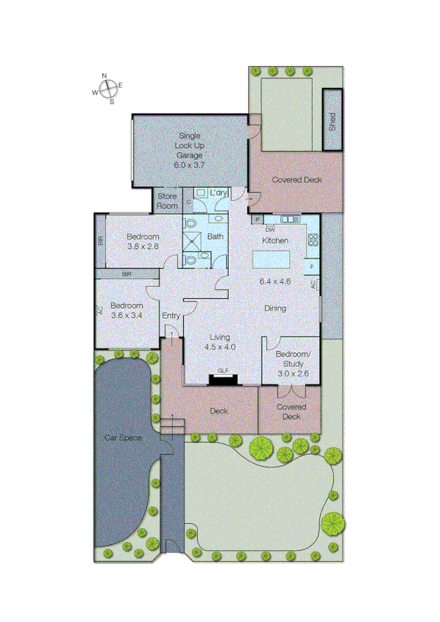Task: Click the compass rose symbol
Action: click(108, 88)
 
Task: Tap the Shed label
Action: click(332, 119)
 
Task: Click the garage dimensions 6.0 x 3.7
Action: click(188, 165)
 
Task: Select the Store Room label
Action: click(167, 201)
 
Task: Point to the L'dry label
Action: click(219, 193)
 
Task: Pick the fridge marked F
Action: click(313, 266)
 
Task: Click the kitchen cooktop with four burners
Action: click(313, 240)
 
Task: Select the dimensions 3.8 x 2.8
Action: click(143, 247)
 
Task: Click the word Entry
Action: click(171, 316)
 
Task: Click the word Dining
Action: click(275, 308)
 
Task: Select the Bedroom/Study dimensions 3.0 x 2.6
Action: click(293, 373)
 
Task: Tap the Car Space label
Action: click(122, 438)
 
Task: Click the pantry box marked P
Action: click(258, 218)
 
